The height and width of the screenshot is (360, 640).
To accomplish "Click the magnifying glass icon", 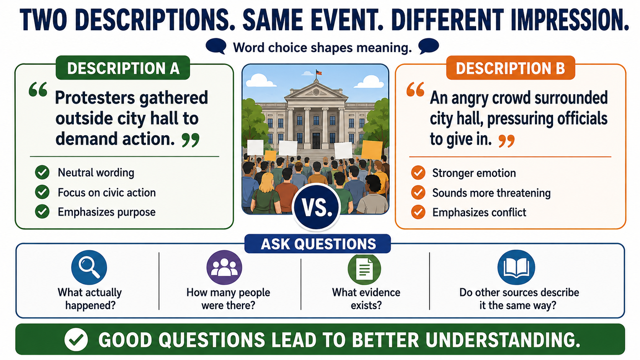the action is (x=89, y=267).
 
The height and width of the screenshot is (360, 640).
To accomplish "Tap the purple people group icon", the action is (x=224, y=267).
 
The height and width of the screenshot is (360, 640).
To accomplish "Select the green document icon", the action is (x=364, y=268).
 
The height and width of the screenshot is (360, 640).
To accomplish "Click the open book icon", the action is (x=516, y=267).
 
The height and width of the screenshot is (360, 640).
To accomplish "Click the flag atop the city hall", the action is (x=318, y=73).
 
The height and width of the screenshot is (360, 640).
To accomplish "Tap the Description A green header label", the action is (x=123, y=68).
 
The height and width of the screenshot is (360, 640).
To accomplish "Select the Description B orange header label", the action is (x=511, y=68).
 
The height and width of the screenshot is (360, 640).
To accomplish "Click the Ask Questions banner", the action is (x=318, y=244).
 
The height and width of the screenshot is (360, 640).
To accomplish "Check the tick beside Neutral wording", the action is (x=42, y=173).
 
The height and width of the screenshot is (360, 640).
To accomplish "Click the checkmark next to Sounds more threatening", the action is (x=418, y=192).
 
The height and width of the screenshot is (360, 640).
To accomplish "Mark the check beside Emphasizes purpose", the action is (x=42, y=212).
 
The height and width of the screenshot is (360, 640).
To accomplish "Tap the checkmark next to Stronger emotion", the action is (x=418, y=173).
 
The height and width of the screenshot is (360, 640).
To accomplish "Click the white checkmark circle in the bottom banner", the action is (x=76, y=339).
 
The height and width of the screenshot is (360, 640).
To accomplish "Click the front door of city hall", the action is (x=316, y=140).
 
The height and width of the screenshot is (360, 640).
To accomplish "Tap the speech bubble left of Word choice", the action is (x=216, y=46).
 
